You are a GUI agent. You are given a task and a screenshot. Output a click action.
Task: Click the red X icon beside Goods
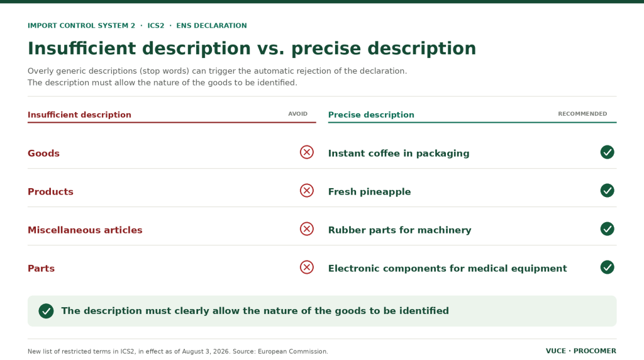pos(306,152)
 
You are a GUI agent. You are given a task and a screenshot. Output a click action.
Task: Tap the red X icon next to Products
pos(306,191)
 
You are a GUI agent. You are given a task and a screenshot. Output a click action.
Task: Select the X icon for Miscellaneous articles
pos(306,229)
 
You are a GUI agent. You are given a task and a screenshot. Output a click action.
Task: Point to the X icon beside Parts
pos(306,267)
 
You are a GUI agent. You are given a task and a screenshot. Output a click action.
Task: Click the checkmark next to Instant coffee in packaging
pos(607,152)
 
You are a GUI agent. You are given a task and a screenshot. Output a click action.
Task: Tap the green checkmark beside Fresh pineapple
pos(607,191)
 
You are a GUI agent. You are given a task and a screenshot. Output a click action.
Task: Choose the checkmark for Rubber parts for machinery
pos(607,229)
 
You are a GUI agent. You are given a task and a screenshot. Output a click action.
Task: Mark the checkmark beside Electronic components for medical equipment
pos(607,267)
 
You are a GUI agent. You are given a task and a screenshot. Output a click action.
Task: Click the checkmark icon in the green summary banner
pos(46,311)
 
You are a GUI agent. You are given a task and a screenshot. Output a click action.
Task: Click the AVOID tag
pos(297,114)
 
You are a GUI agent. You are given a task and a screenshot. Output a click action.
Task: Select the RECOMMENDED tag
pos(582,114)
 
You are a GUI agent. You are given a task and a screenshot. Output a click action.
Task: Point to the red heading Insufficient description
pos(79,115)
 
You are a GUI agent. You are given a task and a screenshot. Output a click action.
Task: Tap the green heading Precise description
pos(371,115)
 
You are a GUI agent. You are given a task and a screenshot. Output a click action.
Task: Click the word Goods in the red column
pos(43,154)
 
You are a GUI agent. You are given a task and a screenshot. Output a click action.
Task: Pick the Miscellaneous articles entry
pos(85,230)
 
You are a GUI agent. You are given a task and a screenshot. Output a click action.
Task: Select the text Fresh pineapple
pos(369,192)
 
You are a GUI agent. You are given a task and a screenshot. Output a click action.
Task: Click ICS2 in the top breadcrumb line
pos(156,25)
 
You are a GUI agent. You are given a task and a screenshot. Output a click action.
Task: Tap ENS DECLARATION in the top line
pos(211,25)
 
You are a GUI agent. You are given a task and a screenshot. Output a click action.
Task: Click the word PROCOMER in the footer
pos(595,351)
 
